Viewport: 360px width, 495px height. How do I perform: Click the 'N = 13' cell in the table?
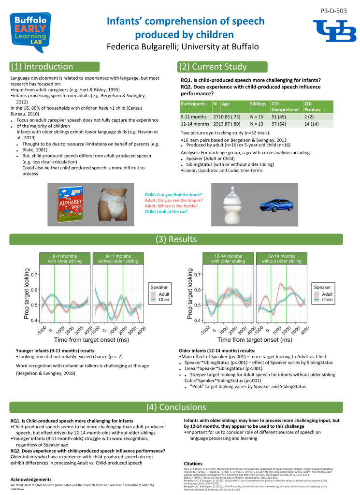pos(257,124)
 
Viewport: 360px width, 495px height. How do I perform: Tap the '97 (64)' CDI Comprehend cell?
pos(279,124)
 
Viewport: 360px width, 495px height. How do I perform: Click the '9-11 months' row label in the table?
pos(193,116)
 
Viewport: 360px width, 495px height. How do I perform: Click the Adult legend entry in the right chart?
pos(327,294)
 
